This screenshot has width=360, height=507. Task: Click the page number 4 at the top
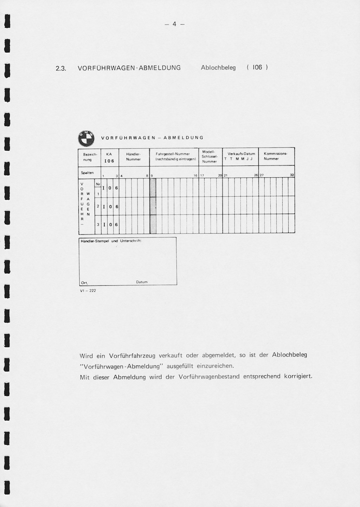(x=174, y=24)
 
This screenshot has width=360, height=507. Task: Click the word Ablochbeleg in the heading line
(x=218, y=67)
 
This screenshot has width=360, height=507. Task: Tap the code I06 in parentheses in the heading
(x=257, y=67)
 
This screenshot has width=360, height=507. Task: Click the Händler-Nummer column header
(x=133, y=157)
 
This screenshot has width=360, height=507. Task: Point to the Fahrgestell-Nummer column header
(x=173, y=156)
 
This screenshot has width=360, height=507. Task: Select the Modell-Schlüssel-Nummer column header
(x=210, y=157)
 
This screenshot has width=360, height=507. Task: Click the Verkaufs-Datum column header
(x=241, y=156)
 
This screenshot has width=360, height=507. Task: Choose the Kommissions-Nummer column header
(x=276, y=156)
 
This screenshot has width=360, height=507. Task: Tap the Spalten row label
(x=87, y=173)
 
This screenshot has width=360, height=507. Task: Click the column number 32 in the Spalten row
(x=292, y=175)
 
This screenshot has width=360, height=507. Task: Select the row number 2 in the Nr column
(x=98, y=207)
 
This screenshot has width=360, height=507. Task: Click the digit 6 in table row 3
(x=116, y=225)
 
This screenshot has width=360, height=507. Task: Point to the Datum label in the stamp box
(x=142, y=282)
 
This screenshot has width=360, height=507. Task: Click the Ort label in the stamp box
(x=84, y=282)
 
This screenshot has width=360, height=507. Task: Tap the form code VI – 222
(x=88, y=291)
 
